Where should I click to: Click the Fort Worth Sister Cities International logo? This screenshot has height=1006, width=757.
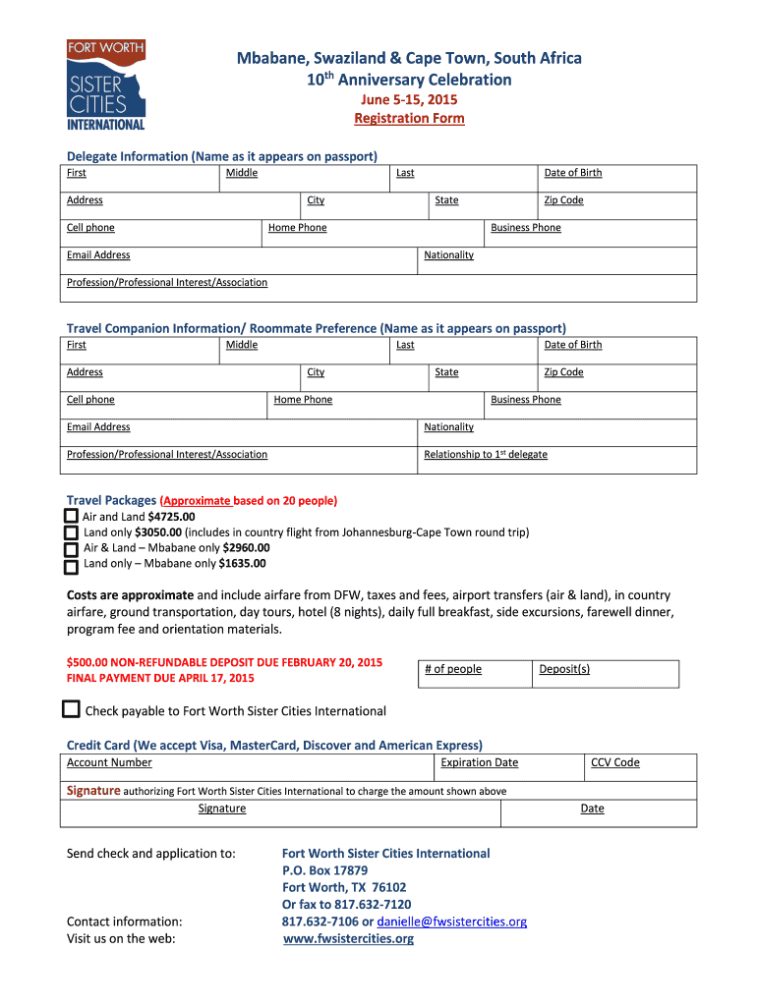(x=106, y=84)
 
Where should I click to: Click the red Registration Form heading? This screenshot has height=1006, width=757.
(x=409, y=118)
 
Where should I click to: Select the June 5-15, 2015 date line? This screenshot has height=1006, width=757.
(x=409, y=99)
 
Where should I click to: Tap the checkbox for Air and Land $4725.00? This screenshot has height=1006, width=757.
(x=71, y=516)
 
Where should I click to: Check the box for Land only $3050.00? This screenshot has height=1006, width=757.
(x=71, y=532)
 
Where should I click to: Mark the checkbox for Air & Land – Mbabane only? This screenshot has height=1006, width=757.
(x=71, y=549)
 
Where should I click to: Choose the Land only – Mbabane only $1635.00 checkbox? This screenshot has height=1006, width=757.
(x=71, y=566)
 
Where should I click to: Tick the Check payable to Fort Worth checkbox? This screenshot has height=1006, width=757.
(x=71, y=709)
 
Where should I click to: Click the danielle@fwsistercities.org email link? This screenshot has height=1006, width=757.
(x=452, y=922)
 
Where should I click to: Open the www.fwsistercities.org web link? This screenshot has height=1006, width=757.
(x=348, y=938)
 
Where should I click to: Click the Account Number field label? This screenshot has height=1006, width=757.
(x=109, y=762)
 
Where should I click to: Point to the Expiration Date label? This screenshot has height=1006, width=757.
(x=479, y=762)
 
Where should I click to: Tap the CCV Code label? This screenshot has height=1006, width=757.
(x=614, y=762)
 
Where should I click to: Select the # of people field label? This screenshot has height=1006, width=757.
(x=453, y=669)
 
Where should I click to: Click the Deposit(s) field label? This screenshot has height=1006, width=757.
(x=564, y=669)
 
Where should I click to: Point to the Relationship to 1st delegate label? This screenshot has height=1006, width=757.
(x=486, y=454)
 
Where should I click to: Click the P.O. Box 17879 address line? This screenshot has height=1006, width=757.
(x=324, y=870)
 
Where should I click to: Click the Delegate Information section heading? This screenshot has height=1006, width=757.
(x=221, y=156)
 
